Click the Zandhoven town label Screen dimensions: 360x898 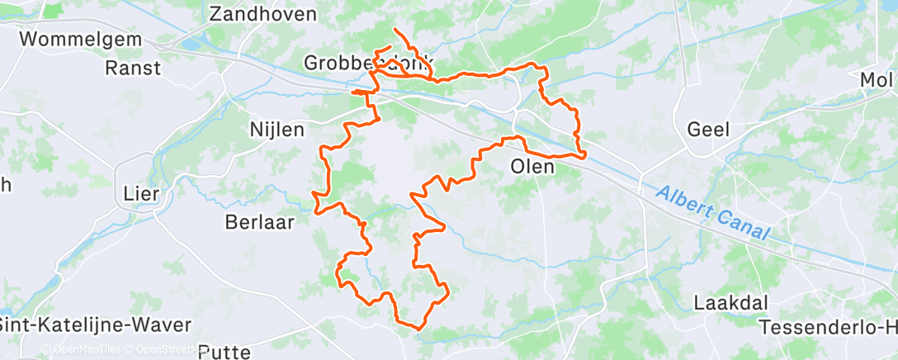point(263,14)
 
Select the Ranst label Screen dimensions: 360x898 point(133,68)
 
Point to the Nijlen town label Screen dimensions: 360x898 point(276,130)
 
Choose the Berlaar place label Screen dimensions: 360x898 point(259,221)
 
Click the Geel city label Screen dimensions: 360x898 point(707,129)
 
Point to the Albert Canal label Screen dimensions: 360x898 point(711,213)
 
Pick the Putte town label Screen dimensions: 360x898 point(224,353)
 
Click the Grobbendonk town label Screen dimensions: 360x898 point(367,63)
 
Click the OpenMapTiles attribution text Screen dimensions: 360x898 point(87,349)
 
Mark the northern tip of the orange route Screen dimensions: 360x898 point(395,30)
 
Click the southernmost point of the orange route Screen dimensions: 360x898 point(419,329)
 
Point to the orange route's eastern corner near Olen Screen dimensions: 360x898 point(584,154)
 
